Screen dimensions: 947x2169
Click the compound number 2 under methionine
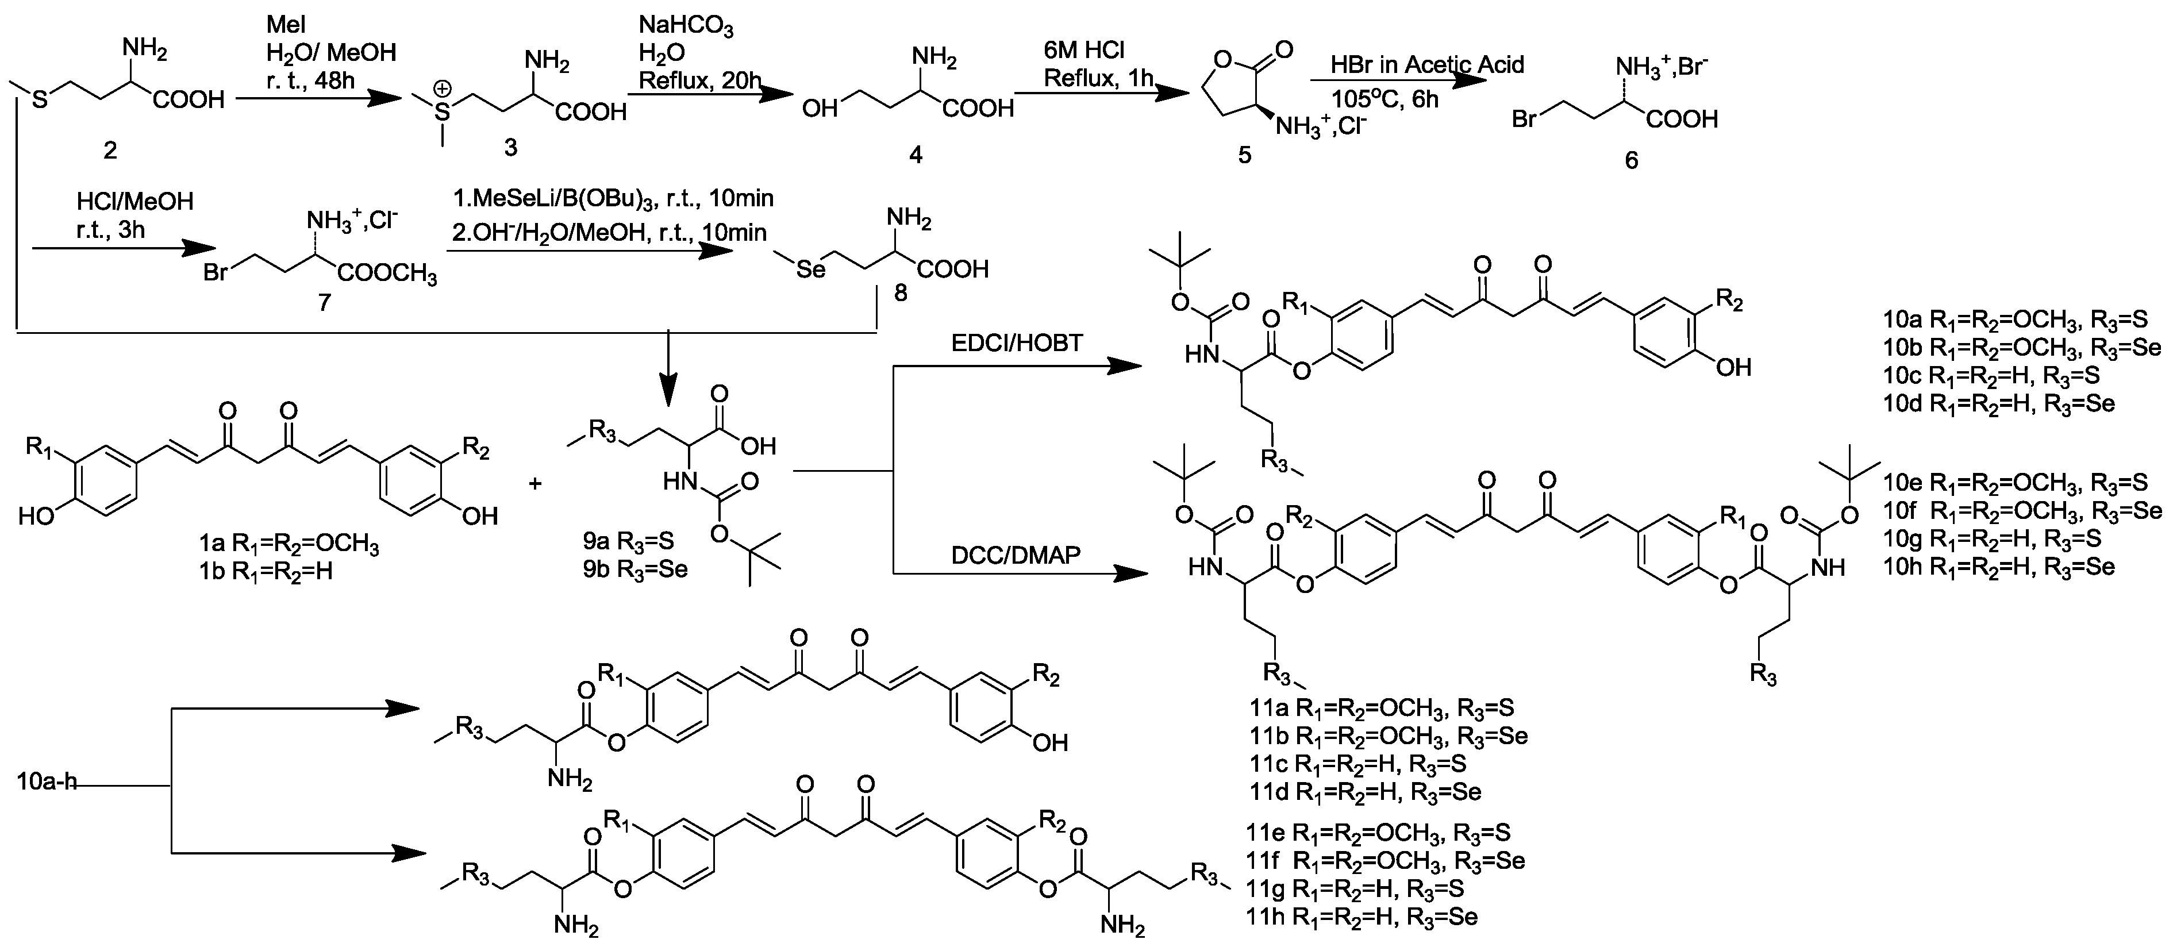click(109, 150)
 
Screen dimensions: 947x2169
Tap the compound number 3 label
click(510, 147)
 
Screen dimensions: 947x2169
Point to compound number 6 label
click(1631, 160)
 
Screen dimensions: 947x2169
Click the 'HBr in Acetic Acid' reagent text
click(1427, 65)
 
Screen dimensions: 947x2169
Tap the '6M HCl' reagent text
click(1084, 51)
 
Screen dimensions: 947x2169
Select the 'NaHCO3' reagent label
click(686, 28)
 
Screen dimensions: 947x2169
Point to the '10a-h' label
click(47, 782)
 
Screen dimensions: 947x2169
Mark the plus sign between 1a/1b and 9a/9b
click(534, 483)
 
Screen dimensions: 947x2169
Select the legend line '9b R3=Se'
click(636, 569)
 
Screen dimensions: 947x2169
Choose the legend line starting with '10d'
click(1999, 403)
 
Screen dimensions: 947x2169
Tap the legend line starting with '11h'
click(1363, 916)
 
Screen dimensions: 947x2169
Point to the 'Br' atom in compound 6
click(1525, 119)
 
